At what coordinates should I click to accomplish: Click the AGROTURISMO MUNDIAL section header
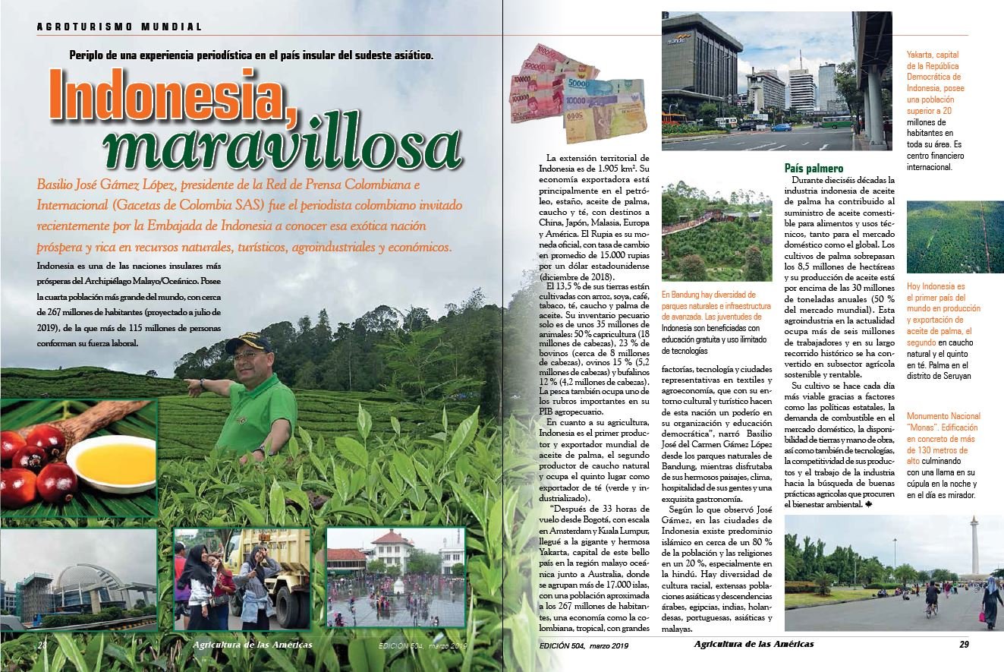pos(120,27)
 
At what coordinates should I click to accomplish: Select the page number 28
pos(42,645)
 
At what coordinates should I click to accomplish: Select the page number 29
pos(963,645)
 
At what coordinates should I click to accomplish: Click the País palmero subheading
pos(814,168)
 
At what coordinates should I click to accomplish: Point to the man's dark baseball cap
pos(247,342)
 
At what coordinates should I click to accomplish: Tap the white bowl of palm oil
pos(111,462)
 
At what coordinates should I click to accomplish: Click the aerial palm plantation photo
pos(955,237)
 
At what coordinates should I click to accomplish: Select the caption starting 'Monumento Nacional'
pos(943,456)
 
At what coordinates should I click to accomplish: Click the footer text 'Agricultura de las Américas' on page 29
pos(754,644)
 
